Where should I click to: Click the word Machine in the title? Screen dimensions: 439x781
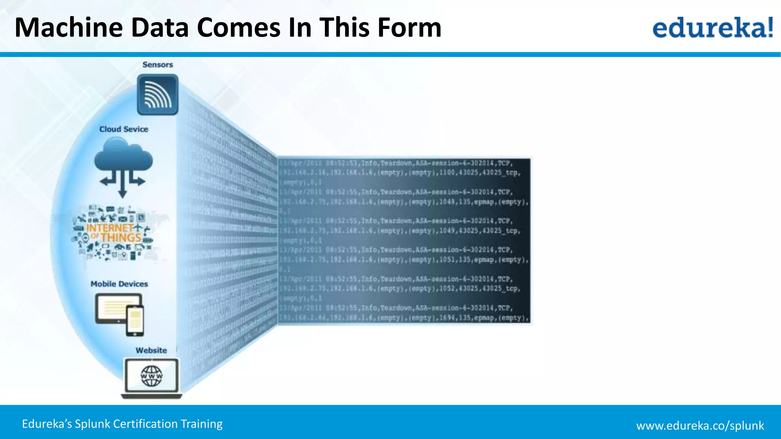point(69,28)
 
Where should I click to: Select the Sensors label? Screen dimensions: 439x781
point(157,65)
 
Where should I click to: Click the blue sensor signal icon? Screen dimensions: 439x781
point(157,95)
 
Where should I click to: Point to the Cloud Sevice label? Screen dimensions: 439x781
point(124,129)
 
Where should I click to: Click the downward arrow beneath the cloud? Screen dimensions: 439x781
point(122,187)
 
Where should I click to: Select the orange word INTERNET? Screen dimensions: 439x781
point(110,228)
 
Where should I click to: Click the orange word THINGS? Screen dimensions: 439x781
point(121,238)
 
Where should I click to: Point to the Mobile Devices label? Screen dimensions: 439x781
point(119,284)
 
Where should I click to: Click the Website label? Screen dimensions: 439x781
point(151,351)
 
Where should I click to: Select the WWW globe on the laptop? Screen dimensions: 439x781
point(152,376)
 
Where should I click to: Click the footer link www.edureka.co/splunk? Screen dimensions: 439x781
point(700,425)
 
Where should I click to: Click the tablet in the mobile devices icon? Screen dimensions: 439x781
point(112,308)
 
